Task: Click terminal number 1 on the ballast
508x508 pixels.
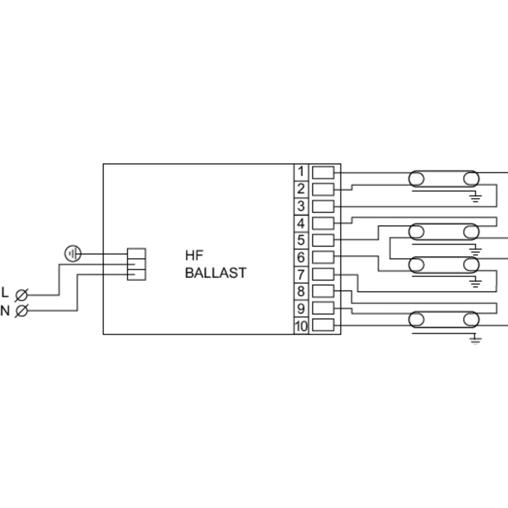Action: pyautogui.click(x=301, y=172)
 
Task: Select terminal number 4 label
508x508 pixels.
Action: pyautogui.click(x=301, y=223)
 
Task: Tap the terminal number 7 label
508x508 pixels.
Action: pyautogui.click(x=301, y=274)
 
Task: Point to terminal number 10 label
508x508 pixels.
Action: pyautogui.click(x=301, y=326)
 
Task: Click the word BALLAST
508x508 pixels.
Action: pyautogui.click(x=215, y=273)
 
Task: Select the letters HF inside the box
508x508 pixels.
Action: pyautogui.click(x=194, y=255)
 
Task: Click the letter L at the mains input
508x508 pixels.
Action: pyautogui.click(x=5, y=292)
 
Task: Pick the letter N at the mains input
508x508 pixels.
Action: pyautogui.click(x=5, y=311)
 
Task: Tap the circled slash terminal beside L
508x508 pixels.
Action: pyautogui.click(x=21, y=295)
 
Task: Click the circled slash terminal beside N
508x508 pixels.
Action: pyautogui.click(x=21, y=311)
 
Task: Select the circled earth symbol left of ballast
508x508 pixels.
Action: pyautogui.click(x=72, y=254)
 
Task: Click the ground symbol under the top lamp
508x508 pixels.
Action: pyautogui.click(x=475, y=197)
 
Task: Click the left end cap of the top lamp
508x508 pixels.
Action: pyautogui.click(x=416, y=179)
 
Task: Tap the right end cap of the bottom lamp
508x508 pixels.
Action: pyautogui.click(x=471, y=320)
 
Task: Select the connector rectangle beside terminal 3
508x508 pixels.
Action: pyautogui.click(x=323, y=206)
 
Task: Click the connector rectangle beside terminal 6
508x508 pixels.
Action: pyautogui.click(x=323, y=257)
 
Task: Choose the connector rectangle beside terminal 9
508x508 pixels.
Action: pyautogui.click(x=323, y=308)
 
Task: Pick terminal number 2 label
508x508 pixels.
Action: pyautogui.click(x=301, y=189)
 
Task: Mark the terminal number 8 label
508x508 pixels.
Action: pyautogui.click(x=301, y=291)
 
